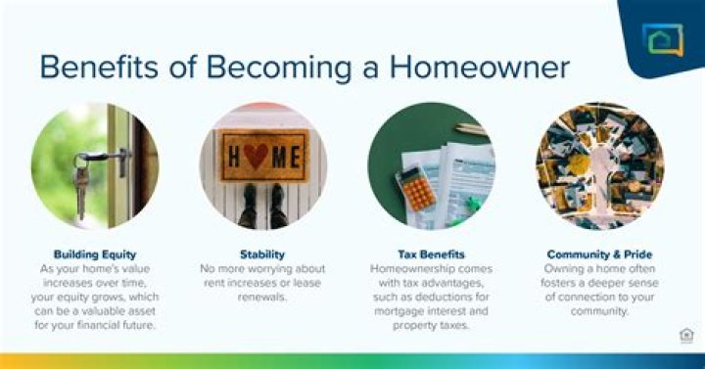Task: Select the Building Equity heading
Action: pyautogui.click(x=95, y=254)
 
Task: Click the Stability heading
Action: pyautogui.click(x=263, y=254)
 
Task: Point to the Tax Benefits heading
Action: pyautogui.click(x=431, y=254)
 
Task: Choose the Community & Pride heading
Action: pyautogui.click(x=599, y=254)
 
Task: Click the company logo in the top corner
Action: pyautogui.click(x=662, y=39)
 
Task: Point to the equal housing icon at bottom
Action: pyautogui.click(x=685, y=336)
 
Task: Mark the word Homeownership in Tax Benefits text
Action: pyautogui.click(x=411, y=267)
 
